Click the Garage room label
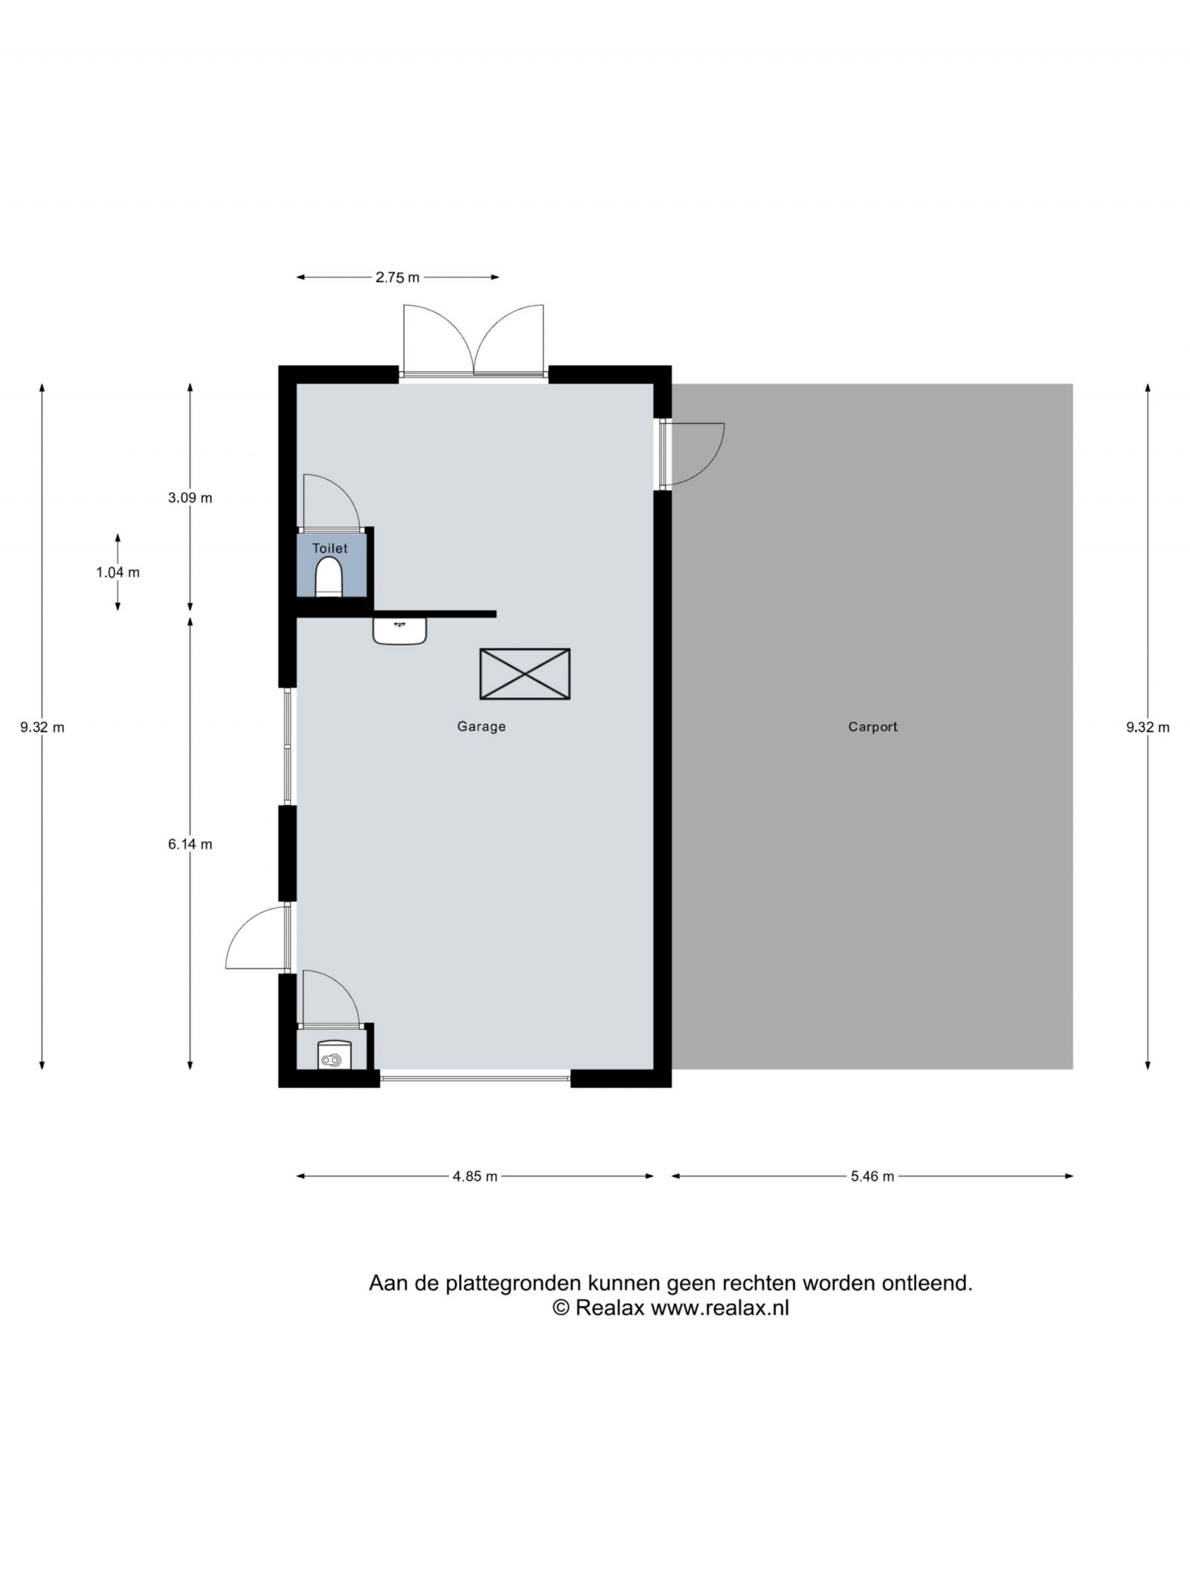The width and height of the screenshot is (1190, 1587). [481, 727]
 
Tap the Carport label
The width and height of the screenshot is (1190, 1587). [872, 727]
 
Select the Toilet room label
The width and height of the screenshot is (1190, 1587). [329, 548]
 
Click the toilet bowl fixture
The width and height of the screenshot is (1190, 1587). [329, 577]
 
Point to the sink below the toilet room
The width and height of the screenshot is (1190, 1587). [399, 631]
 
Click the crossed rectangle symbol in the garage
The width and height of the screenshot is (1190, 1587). [525, 674]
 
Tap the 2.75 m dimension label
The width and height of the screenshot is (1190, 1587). [397, 277]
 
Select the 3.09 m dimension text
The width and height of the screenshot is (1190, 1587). [190, 498]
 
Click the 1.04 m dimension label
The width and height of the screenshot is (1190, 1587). [118, 573]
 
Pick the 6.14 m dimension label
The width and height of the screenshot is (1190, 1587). [190, 844]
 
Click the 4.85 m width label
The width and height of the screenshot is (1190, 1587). [475, 1176]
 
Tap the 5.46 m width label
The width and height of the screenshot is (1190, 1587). [872, 1176]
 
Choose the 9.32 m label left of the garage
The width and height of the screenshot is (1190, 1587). [42, 727]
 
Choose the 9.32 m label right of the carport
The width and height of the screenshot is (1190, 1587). [1148, 727]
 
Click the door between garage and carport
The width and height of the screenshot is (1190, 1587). [692, 454]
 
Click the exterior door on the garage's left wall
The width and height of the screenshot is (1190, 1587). [257, 938]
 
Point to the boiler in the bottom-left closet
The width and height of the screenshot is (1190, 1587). [334, 1055]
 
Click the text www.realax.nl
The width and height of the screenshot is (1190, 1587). [720, 1308]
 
